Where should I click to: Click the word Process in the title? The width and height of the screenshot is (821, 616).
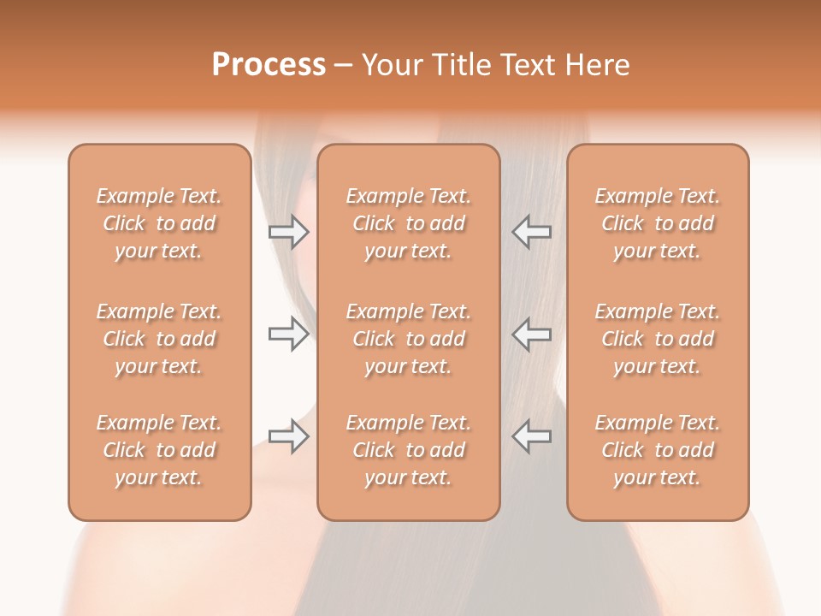[269, 65]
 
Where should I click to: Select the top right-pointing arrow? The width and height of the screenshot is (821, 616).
[288, 231]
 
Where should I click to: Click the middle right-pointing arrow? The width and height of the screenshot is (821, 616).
[288, 334]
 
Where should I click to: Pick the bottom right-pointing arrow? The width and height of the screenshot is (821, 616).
[288, 437]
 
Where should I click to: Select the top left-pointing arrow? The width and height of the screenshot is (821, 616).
[532, 231]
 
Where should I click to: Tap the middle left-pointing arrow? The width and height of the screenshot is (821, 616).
[532, 334]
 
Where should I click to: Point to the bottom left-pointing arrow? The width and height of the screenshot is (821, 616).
[532, 437]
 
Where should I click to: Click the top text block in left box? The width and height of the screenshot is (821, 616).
[159, 223]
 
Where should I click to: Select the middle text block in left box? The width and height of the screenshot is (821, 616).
[159, 339]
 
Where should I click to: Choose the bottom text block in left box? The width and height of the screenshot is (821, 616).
[159, 450]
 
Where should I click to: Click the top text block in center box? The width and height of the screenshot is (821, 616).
[408, 223]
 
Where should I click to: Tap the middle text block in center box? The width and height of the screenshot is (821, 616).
[408, 339]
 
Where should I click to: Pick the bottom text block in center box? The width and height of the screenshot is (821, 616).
[408, 450]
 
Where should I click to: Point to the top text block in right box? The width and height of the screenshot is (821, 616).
[657, 223]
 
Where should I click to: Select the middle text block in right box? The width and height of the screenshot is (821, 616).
[657, 339]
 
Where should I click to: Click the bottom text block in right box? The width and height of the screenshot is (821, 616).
[657, 450]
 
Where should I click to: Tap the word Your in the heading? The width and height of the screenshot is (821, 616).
[393, 65]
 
